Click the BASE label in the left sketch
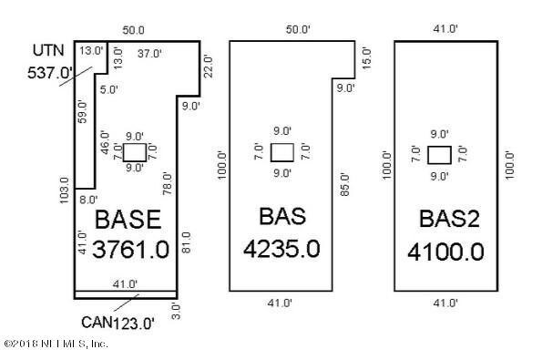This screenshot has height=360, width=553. (128, 220)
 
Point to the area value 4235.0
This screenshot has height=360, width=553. (282, 250)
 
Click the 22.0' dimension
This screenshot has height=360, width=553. (208, 66)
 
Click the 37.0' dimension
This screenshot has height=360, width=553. (148, 52)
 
